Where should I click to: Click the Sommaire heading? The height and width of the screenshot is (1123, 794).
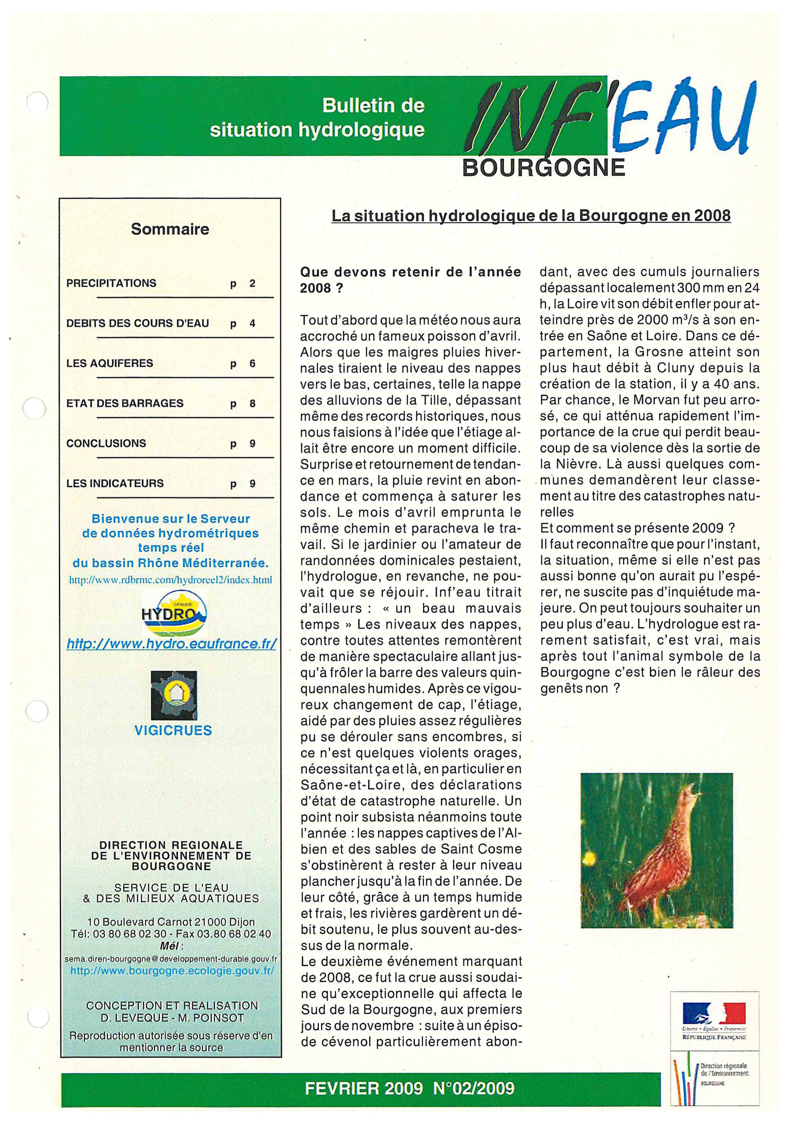point(170,229)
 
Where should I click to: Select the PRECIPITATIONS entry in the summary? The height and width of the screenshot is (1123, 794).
point(111,283)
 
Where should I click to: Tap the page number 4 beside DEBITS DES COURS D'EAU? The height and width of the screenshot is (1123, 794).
point(252,323)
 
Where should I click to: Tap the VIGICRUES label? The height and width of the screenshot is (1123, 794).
point(173,731)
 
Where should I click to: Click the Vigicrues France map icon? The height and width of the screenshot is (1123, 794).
point(174,695)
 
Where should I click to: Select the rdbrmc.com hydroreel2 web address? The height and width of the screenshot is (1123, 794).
point(171,580)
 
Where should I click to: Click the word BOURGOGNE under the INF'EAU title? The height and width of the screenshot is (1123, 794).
point(543,168)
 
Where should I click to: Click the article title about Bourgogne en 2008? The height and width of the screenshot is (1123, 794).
point(531,216)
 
